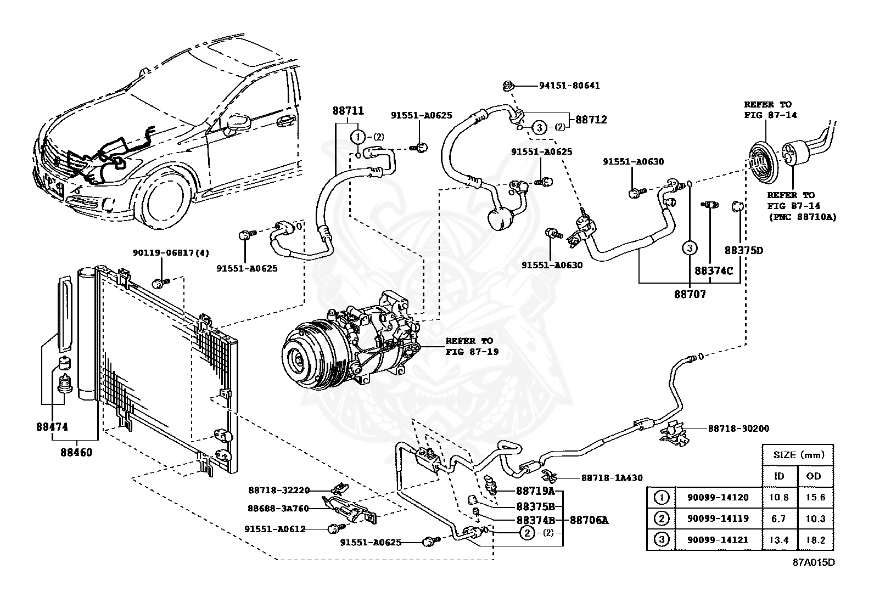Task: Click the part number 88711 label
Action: [348, 110]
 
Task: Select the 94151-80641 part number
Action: [569, 86]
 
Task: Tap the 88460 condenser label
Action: [76, 453]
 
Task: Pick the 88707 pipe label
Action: [690, 294]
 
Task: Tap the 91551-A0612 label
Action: [274, 529]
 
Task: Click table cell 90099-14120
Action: [718, 498]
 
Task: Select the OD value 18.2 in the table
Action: [814, 540]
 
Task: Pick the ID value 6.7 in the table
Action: [778, 519]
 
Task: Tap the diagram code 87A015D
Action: [813, 563]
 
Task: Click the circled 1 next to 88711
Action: [358, 137]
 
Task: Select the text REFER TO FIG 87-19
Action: [472, 346]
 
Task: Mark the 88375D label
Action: [743, 250]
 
